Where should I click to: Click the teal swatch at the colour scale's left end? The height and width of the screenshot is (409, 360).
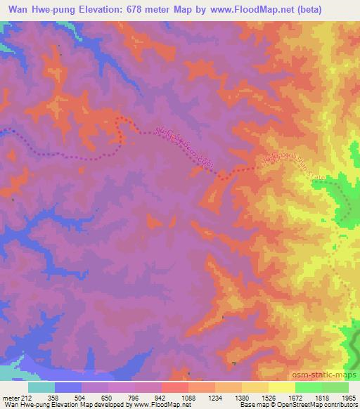41,387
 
